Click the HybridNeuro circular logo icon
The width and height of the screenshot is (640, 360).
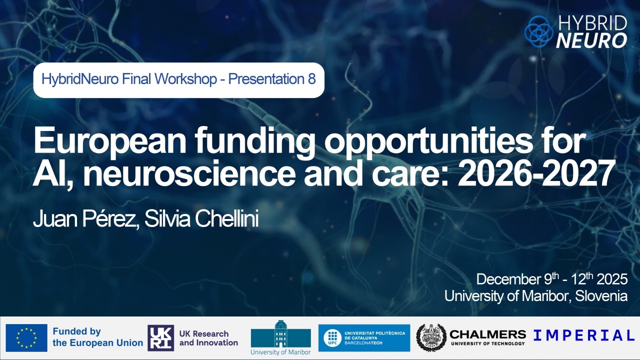click(538, 31)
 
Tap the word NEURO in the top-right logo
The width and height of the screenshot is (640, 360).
click(591, 40)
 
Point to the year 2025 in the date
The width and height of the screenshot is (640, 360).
click(611, 279)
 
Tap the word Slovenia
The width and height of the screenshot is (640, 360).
click(601, 296)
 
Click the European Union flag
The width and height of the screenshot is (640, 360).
click(26, 338)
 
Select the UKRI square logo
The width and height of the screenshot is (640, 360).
click(161, 338)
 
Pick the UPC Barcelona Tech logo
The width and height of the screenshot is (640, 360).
click(364, 338)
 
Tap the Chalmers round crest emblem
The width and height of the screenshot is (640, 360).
click(431, 338)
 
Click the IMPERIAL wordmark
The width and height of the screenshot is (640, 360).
click(583, 335)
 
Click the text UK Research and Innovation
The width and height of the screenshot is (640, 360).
click(208, 338)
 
